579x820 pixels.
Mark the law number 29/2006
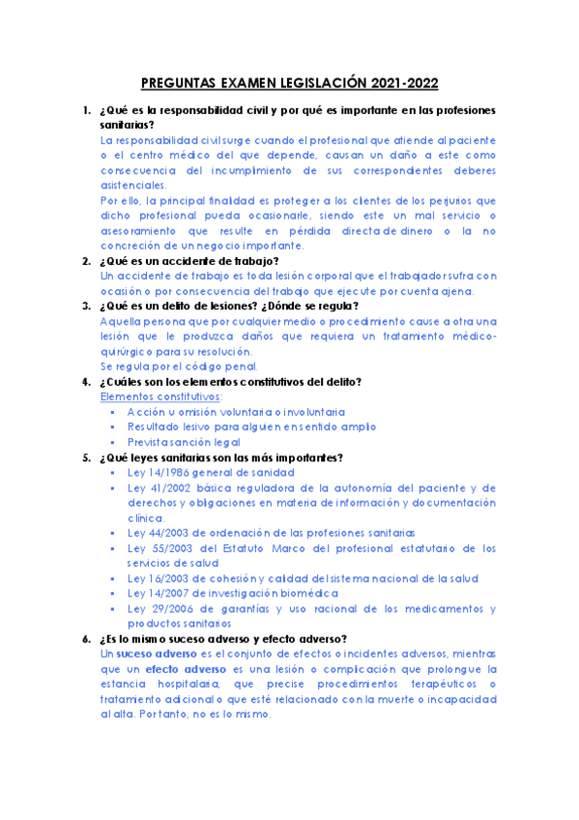167,608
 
